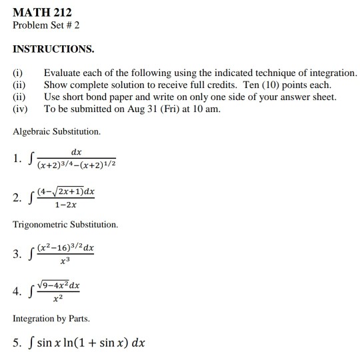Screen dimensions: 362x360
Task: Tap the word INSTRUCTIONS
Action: point(53,49)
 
